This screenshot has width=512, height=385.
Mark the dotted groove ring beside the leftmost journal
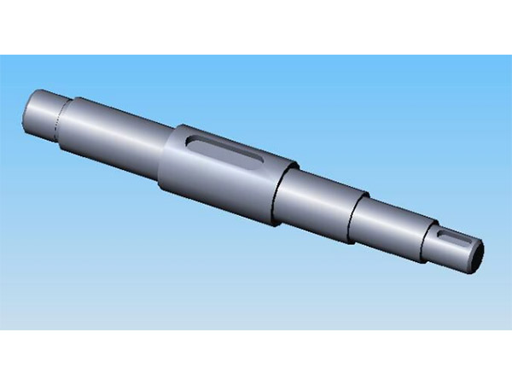pos(60,120)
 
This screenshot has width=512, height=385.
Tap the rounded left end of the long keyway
pos(194,139)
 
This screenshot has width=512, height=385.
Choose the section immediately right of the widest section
pos(316,201)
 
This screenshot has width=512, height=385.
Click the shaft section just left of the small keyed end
pos(388,222)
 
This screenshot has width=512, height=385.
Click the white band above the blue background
pos(256,26)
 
